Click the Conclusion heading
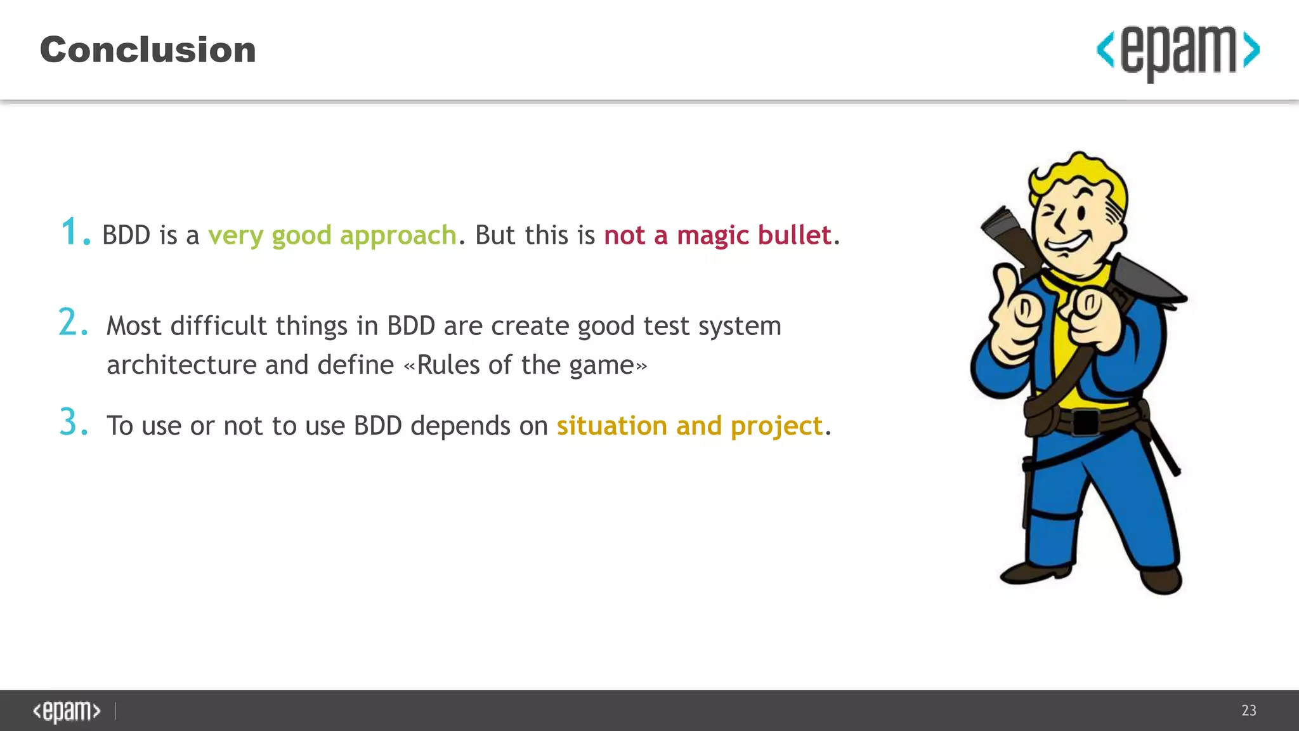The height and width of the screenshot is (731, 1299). coord(148,50)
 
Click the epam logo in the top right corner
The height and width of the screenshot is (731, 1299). coord(1178,51)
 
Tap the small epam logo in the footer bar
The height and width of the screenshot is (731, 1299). coord(67,711)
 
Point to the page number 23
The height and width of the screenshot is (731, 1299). coord(1248,710)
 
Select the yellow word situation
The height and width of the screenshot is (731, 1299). coord(611,426)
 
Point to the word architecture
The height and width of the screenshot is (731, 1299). coord(181,365)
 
